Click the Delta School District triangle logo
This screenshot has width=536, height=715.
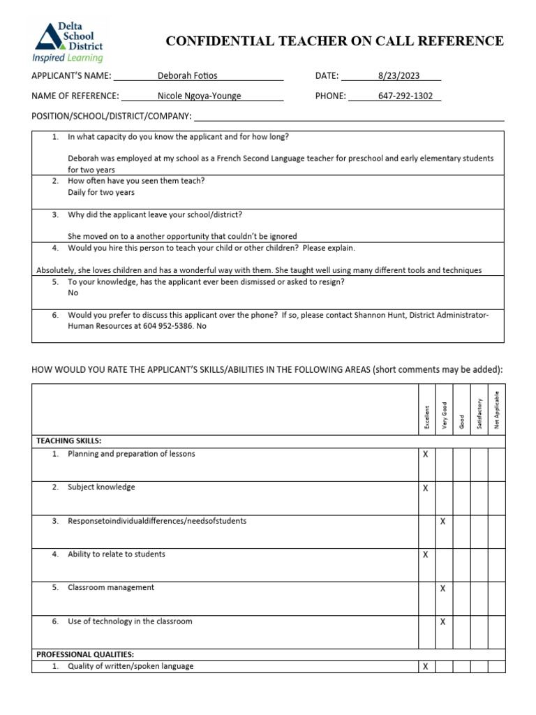pos(48,36)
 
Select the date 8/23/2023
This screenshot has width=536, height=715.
pos(398,76)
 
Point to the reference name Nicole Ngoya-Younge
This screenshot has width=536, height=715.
pos(200,96)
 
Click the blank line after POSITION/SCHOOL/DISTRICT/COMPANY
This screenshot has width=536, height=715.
pos(348,116)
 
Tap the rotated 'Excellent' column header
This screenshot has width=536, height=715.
pos(427,417)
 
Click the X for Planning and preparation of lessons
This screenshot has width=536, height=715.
pos(426,455)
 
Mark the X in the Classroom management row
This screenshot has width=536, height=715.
pos(443,589)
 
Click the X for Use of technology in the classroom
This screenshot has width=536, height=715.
pos(443,622)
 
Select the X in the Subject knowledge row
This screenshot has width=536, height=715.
pos(426,488)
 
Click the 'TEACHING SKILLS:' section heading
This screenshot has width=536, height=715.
pos(68,441)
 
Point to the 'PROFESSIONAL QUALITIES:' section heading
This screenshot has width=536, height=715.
pos(85,654)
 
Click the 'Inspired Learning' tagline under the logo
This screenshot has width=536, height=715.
pos(67,58)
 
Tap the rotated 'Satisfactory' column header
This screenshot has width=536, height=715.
pos(479,413)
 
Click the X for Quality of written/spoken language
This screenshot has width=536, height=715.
pos(426,667)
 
